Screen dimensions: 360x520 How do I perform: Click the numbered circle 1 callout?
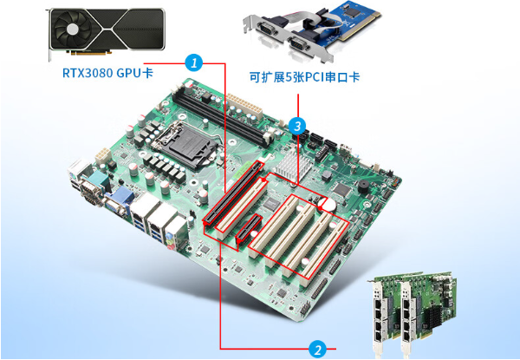point(194,62)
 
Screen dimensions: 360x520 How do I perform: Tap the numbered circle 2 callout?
point(318,350)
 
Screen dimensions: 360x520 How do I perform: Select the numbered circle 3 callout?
point(298,126)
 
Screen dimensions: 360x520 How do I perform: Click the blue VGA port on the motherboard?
point(116,205)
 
